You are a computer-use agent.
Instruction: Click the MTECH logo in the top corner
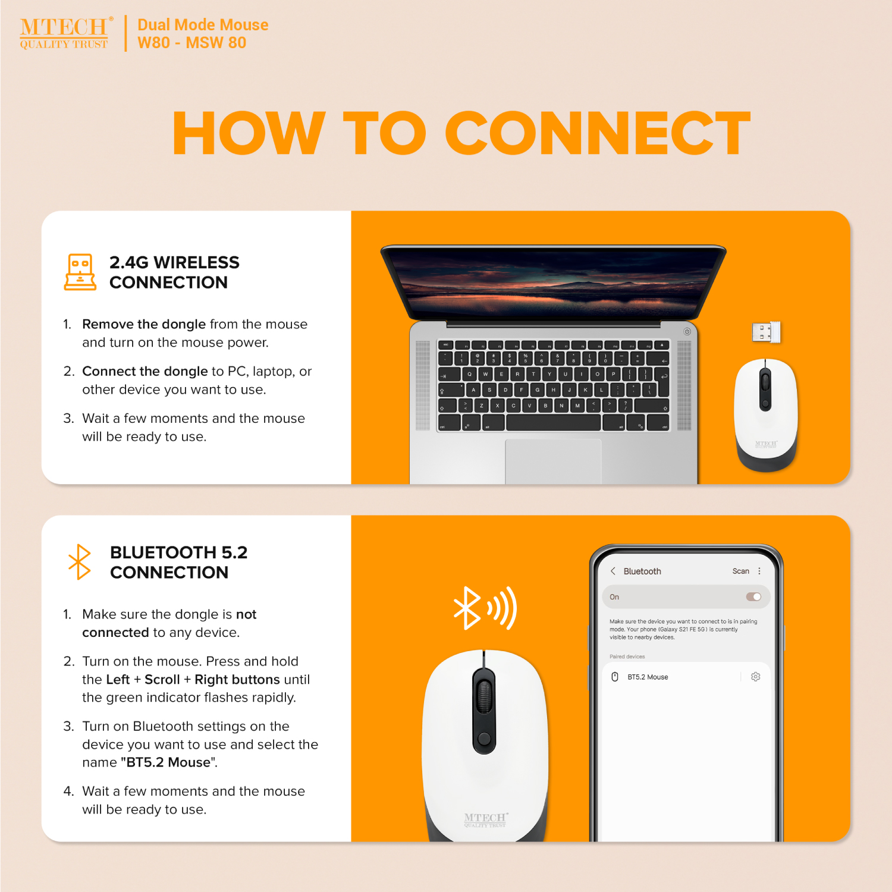[66, 33]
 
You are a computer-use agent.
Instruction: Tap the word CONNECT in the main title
[598, 133]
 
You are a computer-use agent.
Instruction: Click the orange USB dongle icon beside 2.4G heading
[80, 272]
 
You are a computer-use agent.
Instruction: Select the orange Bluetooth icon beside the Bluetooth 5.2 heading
[80, 562]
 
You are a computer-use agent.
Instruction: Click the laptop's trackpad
[553, 461]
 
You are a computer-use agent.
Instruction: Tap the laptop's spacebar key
[553, 423]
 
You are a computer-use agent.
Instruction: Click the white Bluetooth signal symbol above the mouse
[485, 608]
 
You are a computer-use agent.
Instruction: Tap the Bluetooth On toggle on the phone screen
[753, 596]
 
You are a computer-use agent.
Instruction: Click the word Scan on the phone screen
[740, 571]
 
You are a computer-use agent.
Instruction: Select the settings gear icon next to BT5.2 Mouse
[755, 677]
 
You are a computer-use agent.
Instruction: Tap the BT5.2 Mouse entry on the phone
[648, 677]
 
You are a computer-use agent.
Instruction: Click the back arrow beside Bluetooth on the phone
[613, 571]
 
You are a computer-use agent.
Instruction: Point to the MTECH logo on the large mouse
[485, 819]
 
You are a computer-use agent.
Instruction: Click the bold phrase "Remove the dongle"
[144, 324]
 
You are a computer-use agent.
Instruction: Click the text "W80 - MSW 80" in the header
[191, 43]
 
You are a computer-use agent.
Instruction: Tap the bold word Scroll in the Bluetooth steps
[162, 679]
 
